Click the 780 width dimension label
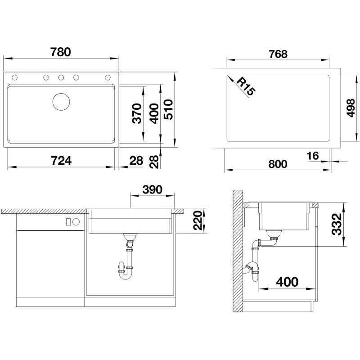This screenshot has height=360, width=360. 61,52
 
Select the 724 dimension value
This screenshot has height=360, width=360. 61,161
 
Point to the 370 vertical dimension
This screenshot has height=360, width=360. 137,113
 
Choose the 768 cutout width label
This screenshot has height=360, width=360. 278,54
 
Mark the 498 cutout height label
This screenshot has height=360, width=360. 351,108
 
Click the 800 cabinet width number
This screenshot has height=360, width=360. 278,164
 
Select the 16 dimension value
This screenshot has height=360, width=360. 313,156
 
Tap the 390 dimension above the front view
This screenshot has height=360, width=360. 152,189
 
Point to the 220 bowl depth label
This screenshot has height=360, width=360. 198,220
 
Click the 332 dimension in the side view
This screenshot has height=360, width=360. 337,224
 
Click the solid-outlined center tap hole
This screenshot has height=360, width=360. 61,77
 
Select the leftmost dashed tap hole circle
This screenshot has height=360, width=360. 14,77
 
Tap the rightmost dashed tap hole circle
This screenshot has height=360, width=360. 108,77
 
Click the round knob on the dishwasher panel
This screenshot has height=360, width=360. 76,222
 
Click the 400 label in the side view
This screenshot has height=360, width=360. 287,282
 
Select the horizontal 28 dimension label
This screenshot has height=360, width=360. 136,161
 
